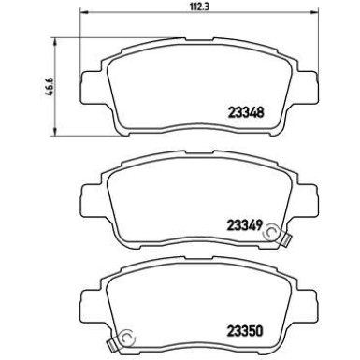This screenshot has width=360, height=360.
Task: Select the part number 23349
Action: (246, 223)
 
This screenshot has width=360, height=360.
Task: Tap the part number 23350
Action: (246, 328)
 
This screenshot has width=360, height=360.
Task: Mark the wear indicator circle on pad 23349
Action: (274, 229)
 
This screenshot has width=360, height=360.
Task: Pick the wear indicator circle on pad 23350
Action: (126, 338)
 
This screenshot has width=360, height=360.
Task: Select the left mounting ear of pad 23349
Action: (87, 194)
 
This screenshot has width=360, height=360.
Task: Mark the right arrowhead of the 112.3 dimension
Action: (302, 14)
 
